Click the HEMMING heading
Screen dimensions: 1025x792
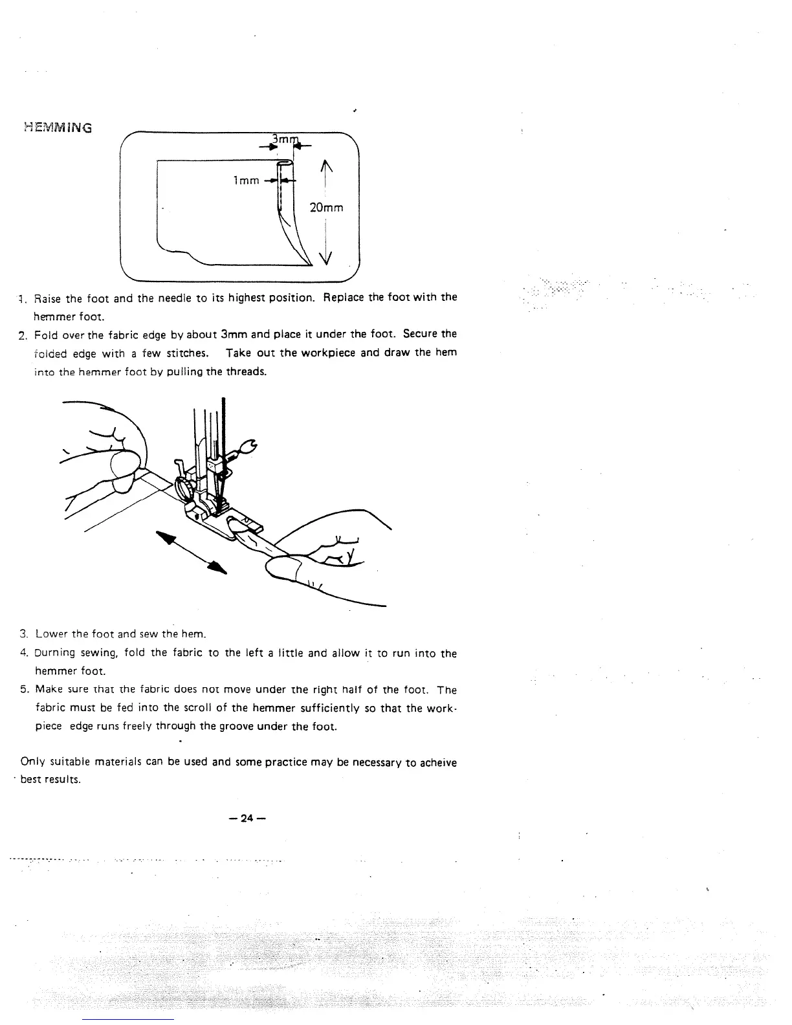point(58,127)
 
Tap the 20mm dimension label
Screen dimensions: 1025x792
point(326,208)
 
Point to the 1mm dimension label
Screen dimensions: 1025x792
point(246,181)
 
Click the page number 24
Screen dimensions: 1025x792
point(247,818)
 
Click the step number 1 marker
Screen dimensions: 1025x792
point(21,298)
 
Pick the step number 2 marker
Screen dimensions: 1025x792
point(21,335)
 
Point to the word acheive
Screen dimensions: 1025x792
point(438,763)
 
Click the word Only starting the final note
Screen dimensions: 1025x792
point(32,762)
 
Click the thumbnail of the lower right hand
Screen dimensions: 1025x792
point(283,569)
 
